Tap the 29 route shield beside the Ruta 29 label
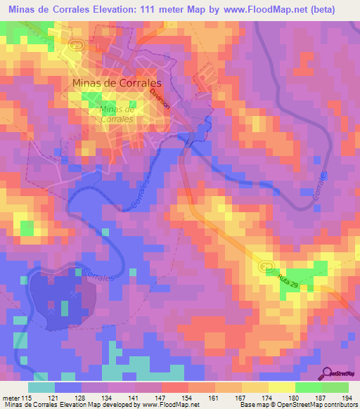coord(266,266)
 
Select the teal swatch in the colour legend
coord(41,387)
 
